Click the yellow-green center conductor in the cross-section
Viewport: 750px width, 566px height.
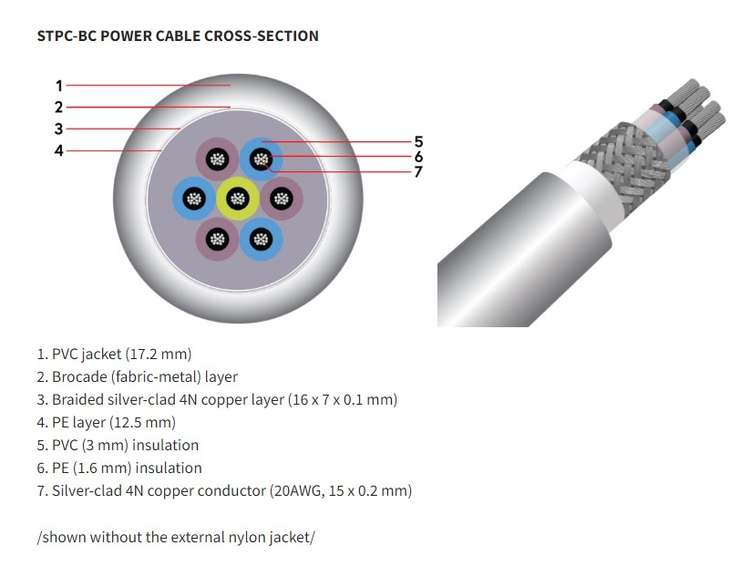pyautogui.click(x=238, y=199)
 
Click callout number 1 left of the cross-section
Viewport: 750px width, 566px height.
pyautogui.click(x=59, y=86)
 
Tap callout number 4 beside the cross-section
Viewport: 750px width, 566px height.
pyautogui.click(x=59, y=150)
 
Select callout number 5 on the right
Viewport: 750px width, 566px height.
pyautogui.click(x=418, y=141)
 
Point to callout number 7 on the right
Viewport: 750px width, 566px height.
pyautogui.click(x=418, y=171)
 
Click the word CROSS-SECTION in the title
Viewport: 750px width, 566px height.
pyautogui.click(x=262, y=36)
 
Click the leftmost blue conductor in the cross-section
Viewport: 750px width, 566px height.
pyautogui.click(x=194, y=199)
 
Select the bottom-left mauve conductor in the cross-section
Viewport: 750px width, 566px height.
pyautogui.click(x=217, y=239)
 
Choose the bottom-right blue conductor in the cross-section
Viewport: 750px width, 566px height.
pyautogui.click(x=261, y=239)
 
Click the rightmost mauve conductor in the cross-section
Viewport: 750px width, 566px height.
pyautogui.click(x=282, y=199)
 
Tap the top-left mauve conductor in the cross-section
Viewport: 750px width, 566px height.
pyautogui.click(x=217, y=160)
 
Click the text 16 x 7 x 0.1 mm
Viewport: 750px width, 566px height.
pyautogui.click(x=343, y=399)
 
